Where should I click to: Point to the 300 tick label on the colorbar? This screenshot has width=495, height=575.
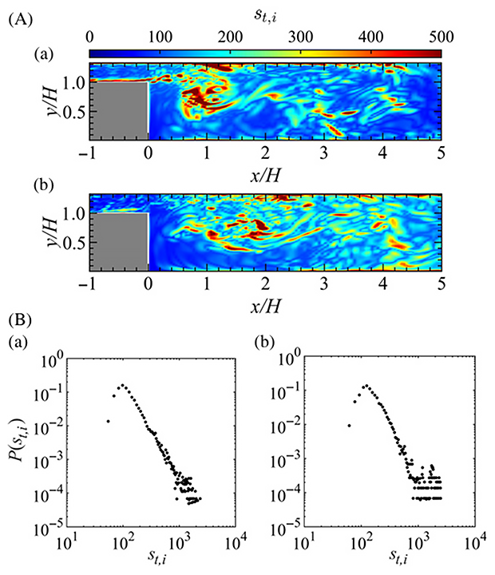click(x=265, y=35)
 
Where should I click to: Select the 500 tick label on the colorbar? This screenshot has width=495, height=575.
click(x=440, y=35)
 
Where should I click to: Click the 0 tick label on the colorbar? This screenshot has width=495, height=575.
click(x=90, y=35)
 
